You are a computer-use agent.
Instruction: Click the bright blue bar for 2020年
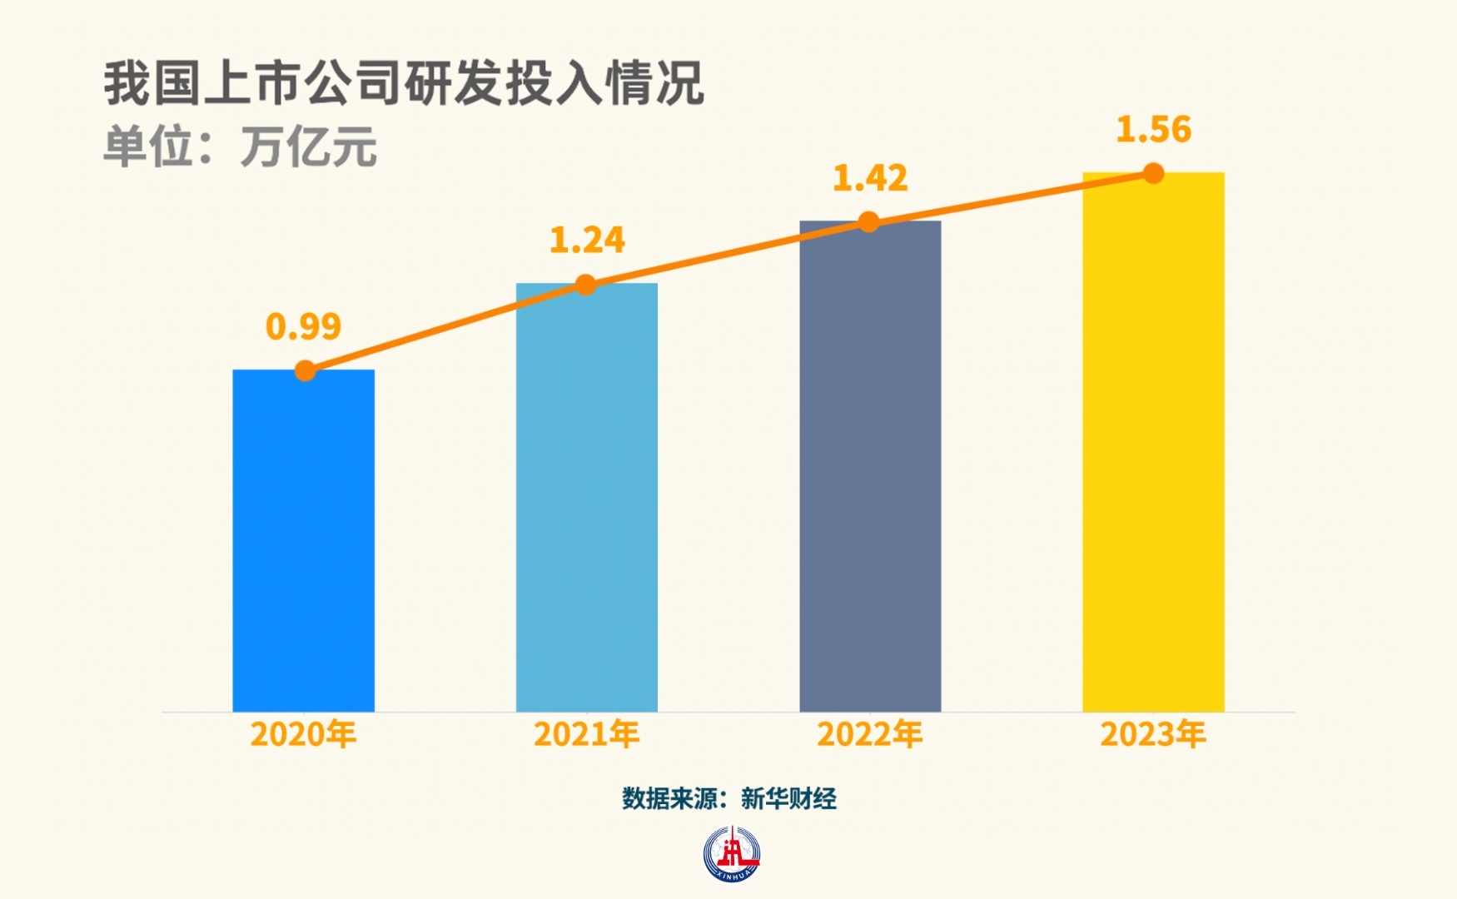(x=303, y=541)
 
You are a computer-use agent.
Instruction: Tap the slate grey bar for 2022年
(x=870, y=466)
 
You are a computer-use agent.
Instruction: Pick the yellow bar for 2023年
(x=1153, y=442)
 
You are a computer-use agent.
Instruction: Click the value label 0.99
(x=303, y=326)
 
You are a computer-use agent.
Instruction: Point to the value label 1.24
(x=587, y=241)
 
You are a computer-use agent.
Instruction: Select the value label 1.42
(x=870, y=178)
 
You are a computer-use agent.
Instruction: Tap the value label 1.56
(x=1153, y=130)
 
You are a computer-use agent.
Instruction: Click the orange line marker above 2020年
(x=306, y=370)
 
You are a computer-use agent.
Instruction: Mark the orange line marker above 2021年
(x=586, y=285)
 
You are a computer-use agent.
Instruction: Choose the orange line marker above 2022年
(x=868, y=222)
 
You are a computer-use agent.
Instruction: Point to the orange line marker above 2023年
(x=1153, y=173)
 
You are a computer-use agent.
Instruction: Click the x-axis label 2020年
(x=303, y=734)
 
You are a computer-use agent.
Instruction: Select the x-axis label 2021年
(x=586, y=734)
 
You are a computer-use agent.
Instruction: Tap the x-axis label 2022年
(x=870, y=734)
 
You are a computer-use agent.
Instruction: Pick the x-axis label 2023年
(x=1153, y=734)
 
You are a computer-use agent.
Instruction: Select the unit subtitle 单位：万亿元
(x=240, y=147)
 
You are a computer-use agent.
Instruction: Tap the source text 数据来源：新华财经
(x=728, y=799)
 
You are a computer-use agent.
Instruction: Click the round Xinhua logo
(x=731, y=854)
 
